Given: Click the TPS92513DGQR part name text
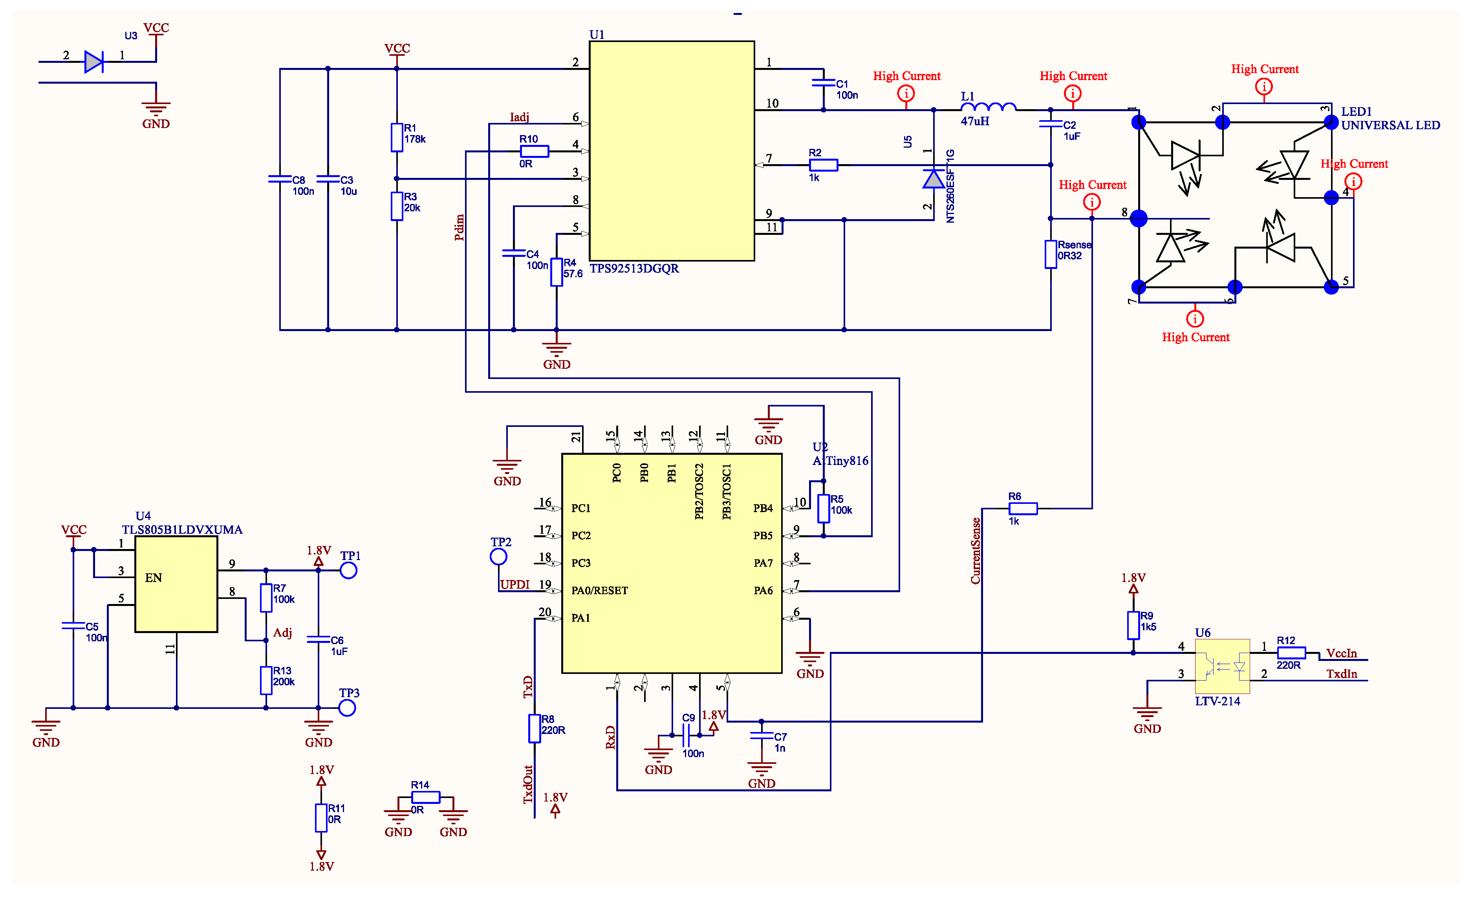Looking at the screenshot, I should click(x=634, y=269).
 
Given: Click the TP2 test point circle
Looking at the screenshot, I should click(x=498, y=557).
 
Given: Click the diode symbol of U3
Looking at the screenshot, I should click(x=93, y=62).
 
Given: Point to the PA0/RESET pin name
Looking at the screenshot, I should click(x=599, y=591).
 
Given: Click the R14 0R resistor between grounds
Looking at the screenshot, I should click(x=425, y=798).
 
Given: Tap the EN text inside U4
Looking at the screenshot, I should click(x=154, y=578).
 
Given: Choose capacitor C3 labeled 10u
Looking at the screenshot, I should click(x=328, y=179).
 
